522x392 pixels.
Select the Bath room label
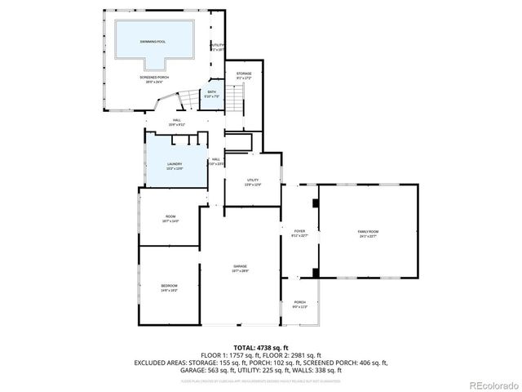coord(212,93)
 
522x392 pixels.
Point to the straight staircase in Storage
coord(235,101)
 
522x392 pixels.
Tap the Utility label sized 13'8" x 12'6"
coord(253,182)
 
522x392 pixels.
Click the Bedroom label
coord(169,287)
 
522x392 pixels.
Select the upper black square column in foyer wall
coord(315,202)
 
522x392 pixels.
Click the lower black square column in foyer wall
coord(315,270)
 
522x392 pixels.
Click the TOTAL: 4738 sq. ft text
coord(261,348)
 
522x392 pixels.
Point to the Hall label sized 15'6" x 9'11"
coord(177,122)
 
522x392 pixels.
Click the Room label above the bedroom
coord(170,218)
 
